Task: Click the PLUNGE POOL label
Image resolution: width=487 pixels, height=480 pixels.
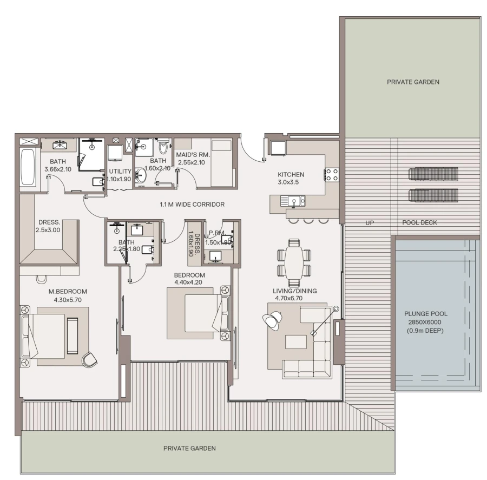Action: click(426, 313)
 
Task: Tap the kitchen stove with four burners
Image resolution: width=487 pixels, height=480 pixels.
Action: click(331, 174)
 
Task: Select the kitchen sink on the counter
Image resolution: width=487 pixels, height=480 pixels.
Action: click(292, 202)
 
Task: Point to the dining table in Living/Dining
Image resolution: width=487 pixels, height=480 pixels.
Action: click(294, 262)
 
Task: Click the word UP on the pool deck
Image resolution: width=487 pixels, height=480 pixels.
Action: click(370, 222)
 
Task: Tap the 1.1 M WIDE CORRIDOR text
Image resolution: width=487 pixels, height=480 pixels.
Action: click(192, 205)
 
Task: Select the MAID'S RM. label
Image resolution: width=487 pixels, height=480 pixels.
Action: click(193, 155)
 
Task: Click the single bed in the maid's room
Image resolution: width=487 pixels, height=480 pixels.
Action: click(221, 162)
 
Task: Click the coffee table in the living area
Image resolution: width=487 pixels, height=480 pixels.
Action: click(295, 342)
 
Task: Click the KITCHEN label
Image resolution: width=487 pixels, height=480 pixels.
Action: click(291, 175)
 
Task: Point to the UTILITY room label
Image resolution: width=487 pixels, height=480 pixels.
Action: click(120, 171)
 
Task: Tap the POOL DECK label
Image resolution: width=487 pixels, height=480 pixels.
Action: click(419, 222)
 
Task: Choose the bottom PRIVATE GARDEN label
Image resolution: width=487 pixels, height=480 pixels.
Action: click(189, 448)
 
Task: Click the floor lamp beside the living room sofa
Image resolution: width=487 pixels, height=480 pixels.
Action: click(335, 310)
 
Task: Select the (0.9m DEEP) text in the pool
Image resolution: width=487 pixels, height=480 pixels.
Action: click(426, 330)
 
